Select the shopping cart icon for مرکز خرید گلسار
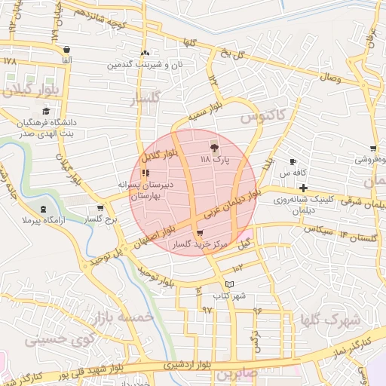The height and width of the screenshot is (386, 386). pyautogui.click(x=199, y=234)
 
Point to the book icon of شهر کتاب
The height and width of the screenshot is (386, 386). pyautogui.click(x=229, y=283)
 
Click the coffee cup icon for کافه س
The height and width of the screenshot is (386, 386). pyautogui.click(x=293, y=161)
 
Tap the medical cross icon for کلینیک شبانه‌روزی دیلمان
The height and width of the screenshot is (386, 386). pyautogui.click(x=303, y=187)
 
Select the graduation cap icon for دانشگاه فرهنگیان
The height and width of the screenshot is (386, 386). pyautogui.click(x=45, y=111)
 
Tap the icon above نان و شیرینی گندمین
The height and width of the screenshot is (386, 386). pyautogui.click(x=145, y=54)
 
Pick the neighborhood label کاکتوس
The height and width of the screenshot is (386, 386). pyautogui.click(x=263, y=117)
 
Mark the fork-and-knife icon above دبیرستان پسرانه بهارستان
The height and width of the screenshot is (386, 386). pyautogui.click(x=145, y=173)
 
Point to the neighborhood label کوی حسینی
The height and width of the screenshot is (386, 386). pyautogui.click(x=51, y=339)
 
